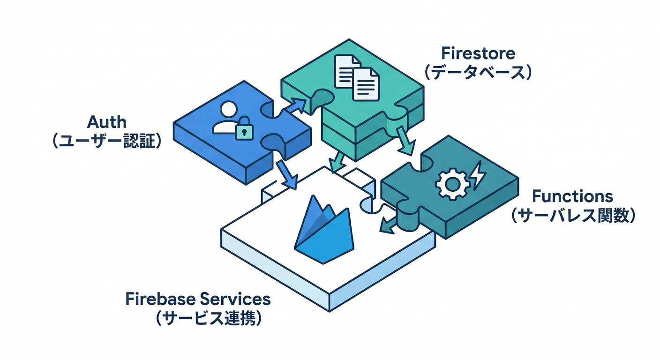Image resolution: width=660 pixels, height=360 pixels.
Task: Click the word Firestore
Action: (478, 53)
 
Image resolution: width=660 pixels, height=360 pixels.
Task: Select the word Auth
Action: (107, 122)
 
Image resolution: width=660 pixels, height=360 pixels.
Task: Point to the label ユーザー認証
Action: (107, 142)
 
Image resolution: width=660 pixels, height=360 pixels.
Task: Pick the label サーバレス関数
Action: (573, 215)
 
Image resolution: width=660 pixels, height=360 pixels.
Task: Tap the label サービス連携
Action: (208, 319)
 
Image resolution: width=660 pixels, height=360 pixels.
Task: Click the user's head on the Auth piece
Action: (228, 110)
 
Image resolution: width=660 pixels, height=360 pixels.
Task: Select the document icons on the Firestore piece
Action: (356, 77)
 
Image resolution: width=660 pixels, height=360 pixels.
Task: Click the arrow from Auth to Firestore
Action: (294, 105)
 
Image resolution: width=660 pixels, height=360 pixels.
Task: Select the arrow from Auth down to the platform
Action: (287, 175)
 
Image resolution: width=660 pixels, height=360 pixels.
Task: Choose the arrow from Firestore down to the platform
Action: (337, 162)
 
